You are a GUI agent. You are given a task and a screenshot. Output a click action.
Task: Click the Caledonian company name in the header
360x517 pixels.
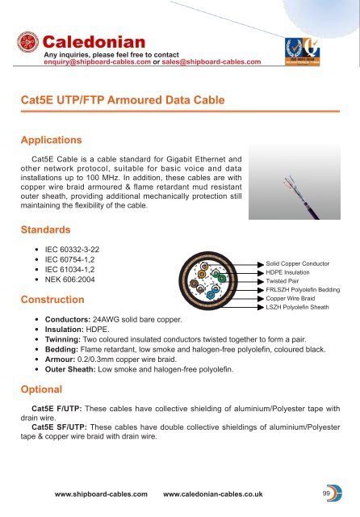coord(93,40)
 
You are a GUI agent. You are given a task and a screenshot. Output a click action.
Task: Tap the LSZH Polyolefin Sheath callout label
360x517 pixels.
coord(295,307)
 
